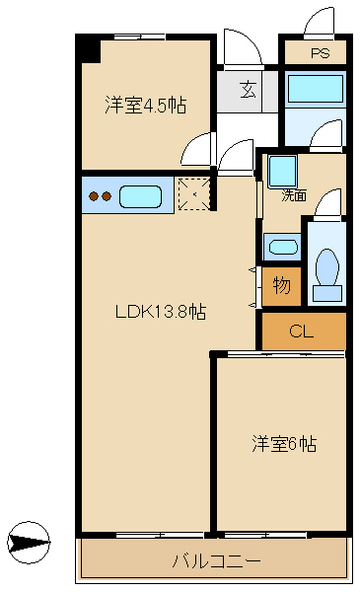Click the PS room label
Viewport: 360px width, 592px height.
(320, 53)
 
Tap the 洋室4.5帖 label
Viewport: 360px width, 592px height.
(146, 105)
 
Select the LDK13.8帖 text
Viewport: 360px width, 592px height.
(161, 312)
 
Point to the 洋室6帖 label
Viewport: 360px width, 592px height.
(284, 444)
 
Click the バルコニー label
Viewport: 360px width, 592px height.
(216, 561)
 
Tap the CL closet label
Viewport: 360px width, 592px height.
(301, 332)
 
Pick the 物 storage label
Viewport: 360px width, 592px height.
(281, 285)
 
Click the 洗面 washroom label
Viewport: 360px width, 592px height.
(294, 195)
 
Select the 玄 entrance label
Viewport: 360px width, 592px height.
(249, 90)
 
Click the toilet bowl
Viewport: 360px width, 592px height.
(326, 267)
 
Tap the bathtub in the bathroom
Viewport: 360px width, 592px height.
(315, 89)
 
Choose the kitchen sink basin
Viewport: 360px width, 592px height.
(140, 196)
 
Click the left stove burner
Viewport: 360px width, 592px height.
(93, 196)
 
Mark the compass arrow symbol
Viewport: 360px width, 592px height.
(29, 543)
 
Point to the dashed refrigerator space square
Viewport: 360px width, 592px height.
(194, 193)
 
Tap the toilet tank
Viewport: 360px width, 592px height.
(327, 293)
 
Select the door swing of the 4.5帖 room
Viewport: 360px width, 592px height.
(196, 149)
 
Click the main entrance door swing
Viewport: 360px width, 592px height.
(243, 48)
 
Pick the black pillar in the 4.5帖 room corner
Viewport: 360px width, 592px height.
(89, 48)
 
